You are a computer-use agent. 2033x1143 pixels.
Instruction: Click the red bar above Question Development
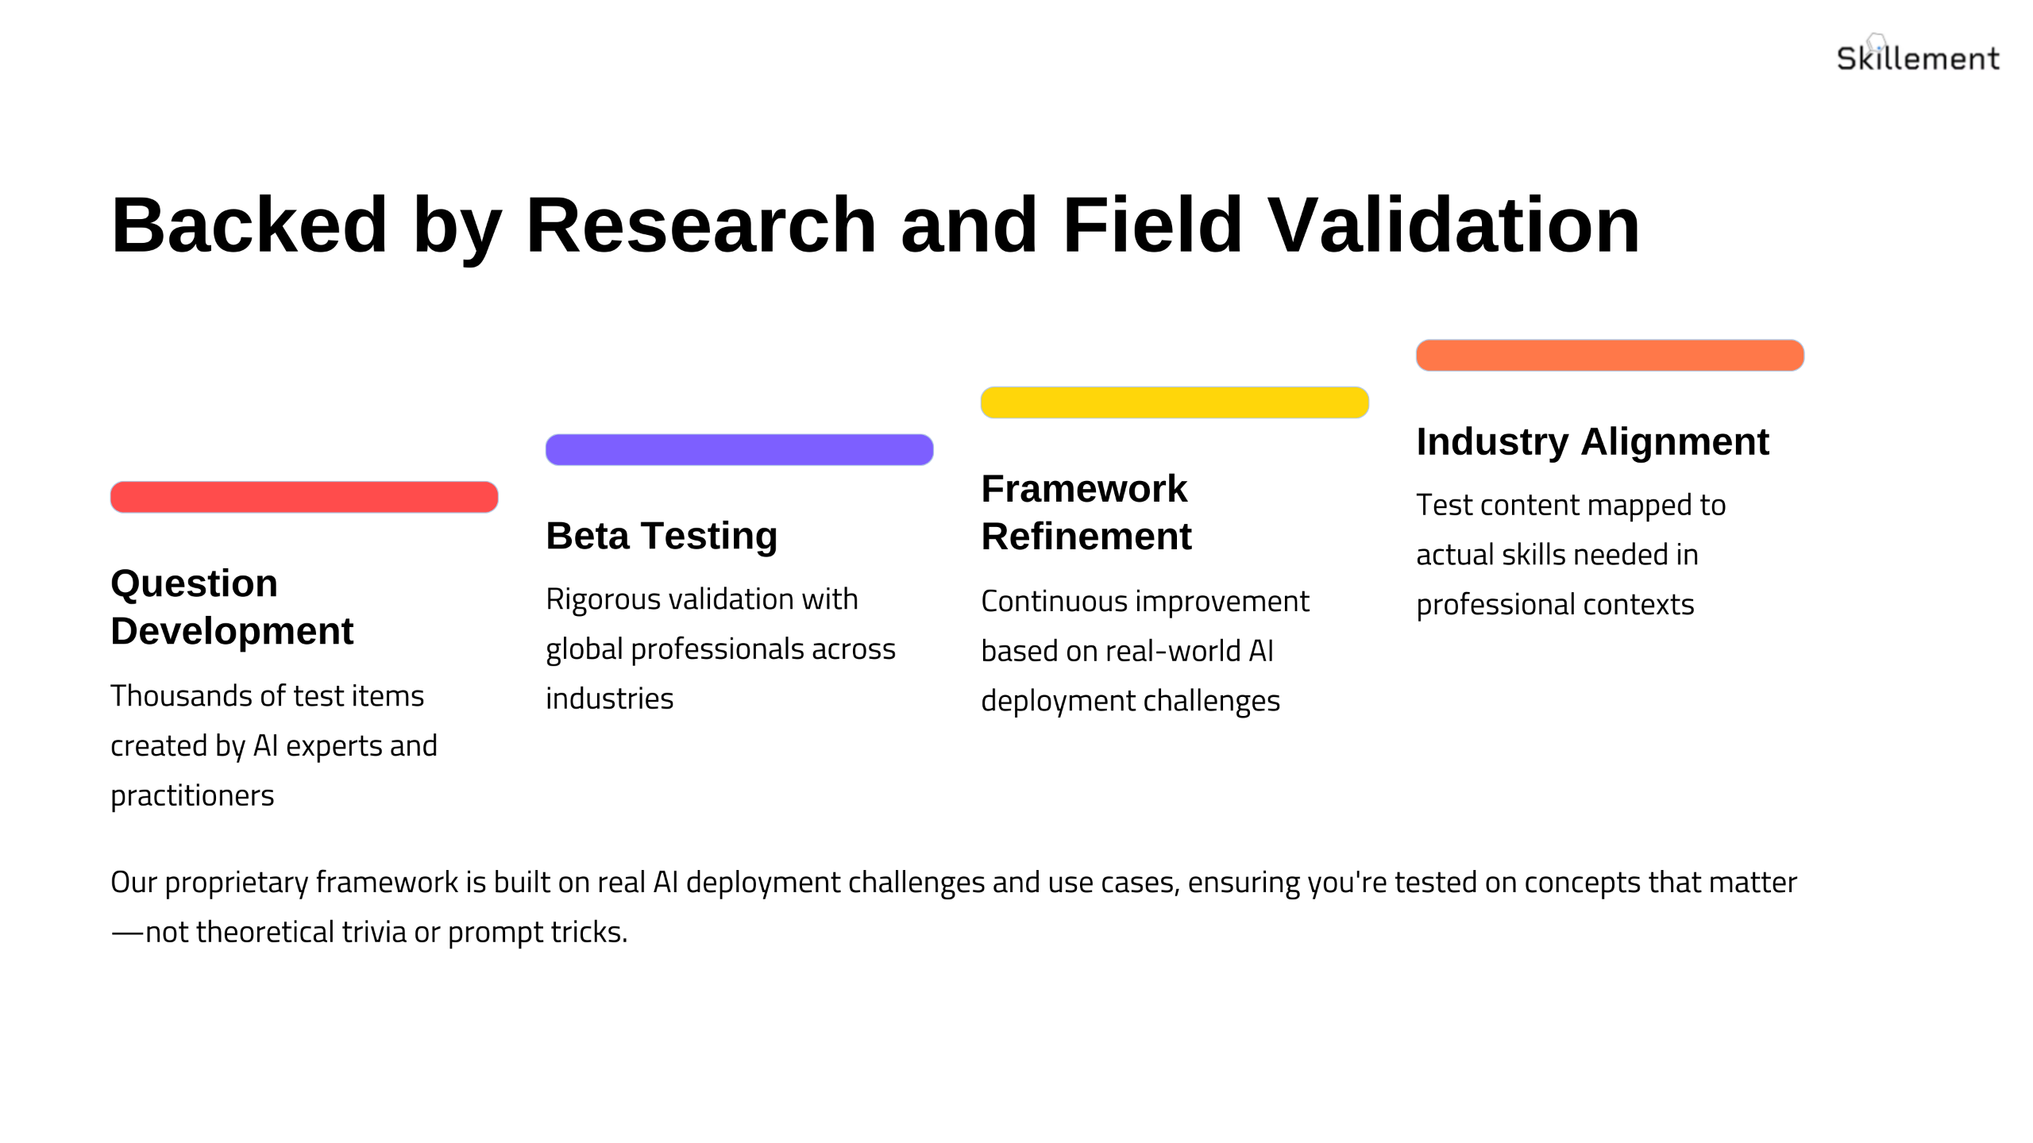[304, 497]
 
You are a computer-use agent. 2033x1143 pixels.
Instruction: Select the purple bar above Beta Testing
[739, 449]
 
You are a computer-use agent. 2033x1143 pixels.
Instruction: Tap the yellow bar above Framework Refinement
[1175, 402]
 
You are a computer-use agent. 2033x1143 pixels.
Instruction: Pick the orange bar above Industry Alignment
[1610, 355]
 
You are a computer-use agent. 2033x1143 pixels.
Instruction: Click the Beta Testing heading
[662, 537]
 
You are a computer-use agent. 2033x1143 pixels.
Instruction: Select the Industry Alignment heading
[1592, 442]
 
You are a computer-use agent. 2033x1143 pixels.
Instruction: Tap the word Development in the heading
[232, 631]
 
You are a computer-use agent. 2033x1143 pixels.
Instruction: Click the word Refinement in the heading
[1086, 537]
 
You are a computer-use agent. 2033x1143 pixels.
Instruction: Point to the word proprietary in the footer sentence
[237, 883]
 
